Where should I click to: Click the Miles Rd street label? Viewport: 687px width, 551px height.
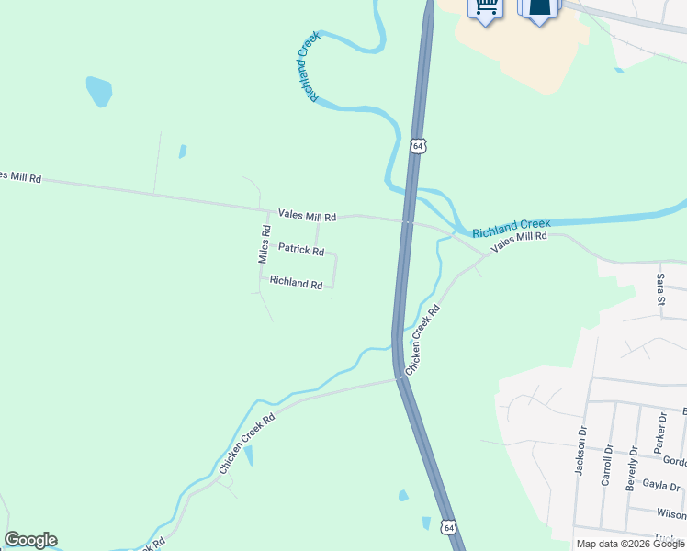265,245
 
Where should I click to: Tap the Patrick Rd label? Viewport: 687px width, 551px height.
301,249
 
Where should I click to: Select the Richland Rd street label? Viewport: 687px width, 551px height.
296,283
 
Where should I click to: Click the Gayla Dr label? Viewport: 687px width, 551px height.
661,487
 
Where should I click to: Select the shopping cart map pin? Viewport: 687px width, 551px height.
486,7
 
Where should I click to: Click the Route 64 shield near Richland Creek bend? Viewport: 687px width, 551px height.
418,146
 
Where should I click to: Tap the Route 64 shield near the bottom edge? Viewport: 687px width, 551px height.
447,527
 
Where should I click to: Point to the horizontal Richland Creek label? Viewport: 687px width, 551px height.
512,224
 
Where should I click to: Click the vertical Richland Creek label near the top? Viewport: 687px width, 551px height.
308,66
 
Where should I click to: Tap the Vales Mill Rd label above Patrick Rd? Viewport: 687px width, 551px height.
308,217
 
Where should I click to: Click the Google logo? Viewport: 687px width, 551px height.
30,540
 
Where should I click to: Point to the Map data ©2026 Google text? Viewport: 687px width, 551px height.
630,544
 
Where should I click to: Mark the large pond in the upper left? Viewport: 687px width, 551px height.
98,91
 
